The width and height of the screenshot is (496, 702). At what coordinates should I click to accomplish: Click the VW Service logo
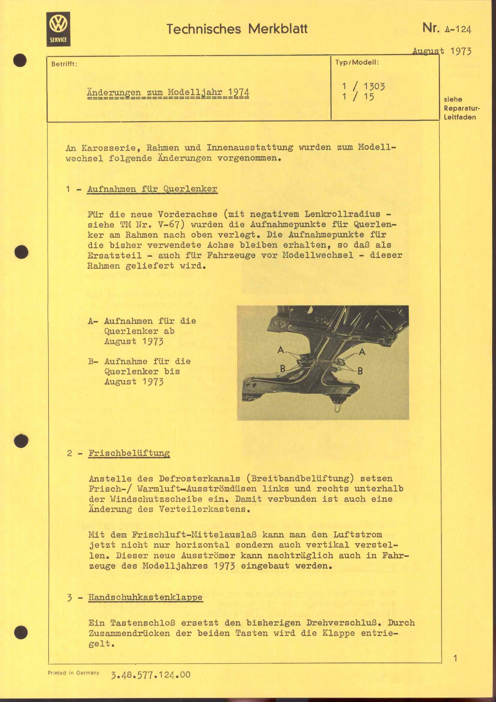click(58, 29)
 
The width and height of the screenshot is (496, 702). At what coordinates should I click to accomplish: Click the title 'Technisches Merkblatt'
click(237, 29)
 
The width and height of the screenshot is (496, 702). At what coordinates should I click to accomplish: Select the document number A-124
click(458, 29)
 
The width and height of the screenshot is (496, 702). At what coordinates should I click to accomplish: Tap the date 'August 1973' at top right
click(441, 51)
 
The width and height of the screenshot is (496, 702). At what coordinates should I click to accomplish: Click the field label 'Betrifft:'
click(64, 64)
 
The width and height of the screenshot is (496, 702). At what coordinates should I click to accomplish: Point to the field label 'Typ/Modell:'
click(357, 62)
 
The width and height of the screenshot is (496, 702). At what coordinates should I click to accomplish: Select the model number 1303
click(374, 86)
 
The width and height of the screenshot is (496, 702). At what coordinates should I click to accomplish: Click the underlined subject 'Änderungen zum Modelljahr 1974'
click(168, 92)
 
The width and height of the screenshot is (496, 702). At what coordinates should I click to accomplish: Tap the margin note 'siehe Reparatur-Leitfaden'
click(462, 108)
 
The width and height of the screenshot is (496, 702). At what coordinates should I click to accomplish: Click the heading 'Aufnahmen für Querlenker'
click(152, 189)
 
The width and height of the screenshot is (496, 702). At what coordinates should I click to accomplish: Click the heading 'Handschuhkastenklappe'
click(145, 597)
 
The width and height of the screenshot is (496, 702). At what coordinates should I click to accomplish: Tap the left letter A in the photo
click(281, 350)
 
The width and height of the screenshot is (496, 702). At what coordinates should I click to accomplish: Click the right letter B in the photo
click(360, 372)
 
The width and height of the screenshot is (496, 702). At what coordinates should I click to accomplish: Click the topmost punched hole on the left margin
click(21, 60)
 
